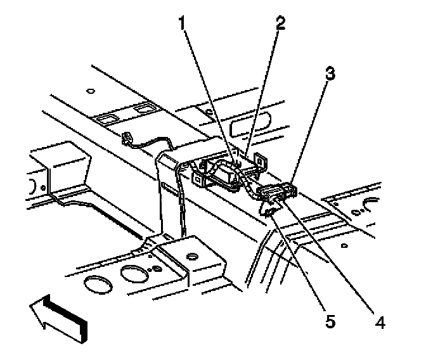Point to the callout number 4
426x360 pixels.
pos(379,323)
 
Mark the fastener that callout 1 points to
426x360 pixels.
pos(236,167)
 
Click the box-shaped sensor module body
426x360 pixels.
pos(225,173)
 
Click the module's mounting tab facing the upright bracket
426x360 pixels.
pos(198,180)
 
